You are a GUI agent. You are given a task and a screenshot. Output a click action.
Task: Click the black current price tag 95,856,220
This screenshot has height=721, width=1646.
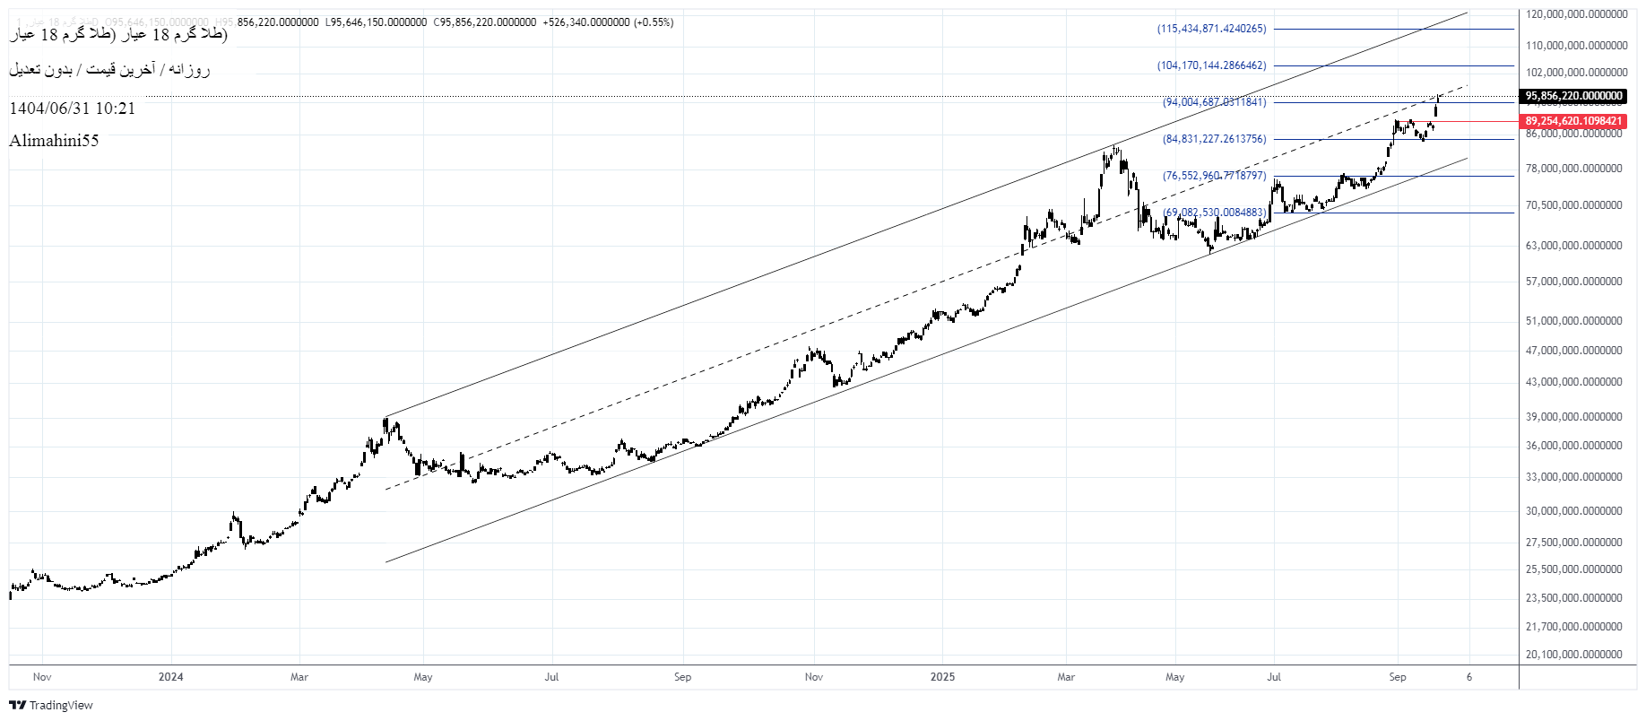tap(1573, 96)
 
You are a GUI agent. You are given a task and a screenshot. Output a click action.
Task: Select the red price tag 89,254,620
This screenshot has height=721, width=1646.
tap(1573, 121)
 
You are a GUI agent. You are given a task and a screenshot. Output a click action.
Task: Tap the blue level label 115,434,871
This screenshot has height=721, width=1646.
tap(1212, 29)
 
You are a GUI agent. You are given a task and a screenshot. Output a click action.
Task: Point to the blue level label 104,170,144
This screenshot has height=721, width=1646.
tap(1212, 65)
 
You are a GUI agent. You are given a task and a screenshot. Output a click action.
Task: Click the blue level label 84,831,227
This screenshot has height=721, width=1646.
tap(1215, 139)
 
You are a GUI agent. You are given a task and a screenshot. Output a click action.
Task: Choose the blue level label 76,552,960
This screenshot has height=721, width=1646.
tap(1215, 176)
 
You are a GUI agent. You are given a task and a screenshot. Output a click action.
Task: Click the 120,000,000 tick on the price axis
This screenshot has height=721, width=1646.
tap(1576, 14)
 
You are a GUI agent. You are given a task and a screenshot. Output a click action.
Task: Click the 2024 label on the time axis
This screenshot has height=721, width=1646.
tap(170, 677)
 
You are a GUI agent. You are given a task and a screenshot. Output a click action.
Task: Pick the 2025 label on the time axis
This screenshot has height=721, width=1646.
tap(942, 677)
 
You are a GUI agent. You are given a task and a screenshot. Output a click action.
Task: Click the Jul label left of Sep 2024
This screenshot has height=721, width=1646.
tap(551, 677)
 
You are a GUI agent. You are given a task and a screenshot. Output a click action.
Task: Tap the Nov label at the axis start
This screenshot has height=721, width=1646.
tap(42, 677)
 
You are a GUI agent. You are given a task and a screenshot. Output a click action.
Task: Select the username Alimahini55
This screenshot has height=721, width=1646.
tap(54, 141)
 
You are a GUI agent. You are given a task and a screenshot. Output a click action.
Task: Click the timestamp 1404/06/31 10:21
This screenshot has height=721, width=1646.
tap(73, 109)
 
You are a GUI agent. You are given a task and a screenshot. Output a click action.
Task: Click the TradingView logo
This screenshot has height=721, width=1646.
tap(51, 706)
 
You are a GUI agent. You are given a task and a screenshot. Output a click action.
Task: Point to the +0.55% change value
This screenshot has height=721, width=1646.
tap(653, 22)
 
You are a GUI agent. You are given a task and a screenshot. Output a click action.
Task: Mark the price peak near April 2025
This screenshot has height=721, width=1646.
tap(1114, 146)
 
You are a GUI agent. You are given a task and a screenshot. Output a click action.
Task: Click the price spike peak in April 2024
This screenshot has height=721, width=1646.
tap(386, 419)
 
